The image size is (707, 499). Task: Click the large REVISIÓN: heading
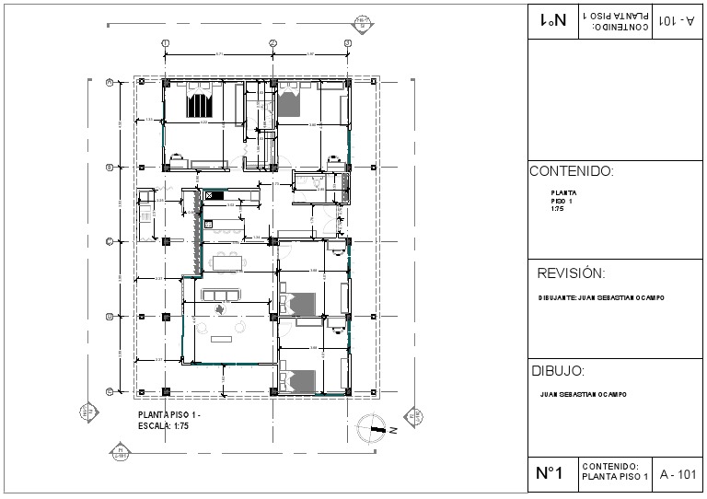click(571, 273)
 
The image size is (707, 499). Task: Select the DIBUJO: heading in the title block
click(558, 371)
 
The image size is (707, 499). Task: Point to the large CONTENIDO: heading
click(571, 171)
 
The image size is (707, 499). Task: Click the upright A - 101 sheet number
click(678, 475)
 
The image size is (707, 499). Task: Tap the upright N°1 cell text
click(549, 474)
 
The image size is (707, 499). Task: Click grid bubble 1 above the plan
click(165, 43)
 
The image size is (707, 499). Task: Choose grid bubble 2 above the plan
click(272, 43)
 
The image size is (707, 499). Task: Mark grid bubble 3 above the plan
click(347, 43)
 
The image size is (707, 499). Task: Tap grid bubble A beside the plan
click(110, 82)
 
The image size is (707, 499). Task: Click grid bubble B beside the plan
click(110, 167)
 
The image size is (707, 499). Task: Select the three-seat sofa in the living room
click(221, 296)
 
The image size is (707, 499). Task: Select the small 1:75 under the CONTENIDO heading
click(557, 208)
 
